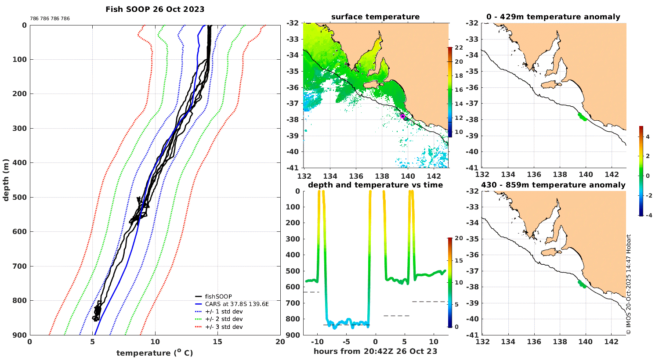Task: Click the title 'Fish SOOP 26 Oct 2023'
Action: (155, 9)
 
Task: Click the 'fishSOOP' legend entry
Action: (218, 297)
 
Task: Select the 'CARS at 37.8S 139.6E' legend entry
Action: (236, 304)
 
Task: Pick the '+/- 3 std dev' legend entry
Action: (224, 327)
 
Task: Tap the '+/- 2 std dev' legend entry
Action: (224, 319)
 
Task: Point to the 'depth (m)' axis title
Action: (6, 180)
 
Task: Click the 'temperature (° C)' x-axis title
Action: (155, 353)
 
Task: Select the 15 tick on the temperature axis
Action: (217, 342)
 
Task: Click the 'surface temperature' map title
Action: (375, 17)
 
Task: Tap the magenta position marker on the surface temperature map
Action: (402, 116)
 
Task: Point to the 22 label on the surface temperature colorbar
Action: (459, 48)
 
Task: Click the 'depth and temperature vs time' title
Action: (375, 185)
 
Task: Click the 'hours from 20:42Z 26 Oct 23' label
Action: (375, 351)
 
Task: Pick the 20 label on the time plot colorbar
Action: (459, 238)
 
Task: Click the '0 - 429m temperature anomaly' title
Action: (553, 17)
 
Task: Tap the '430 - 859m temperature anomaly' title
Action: (553, 185)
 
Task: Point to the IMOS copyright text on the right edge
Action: (629, 284)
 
